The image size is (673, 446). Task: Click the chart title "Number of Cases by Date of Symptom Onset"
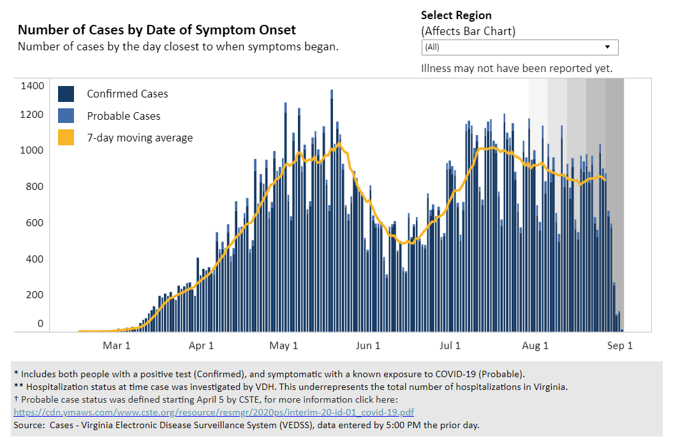click(x=157, y=30)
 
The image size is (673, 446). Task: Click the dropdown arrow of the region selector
click(x=607, y=47)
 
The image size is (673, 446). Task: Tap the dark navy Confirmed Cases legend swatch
click(x=67, y=94)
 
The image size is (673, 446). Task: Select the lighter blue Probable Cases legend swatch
click(x=67, y=115)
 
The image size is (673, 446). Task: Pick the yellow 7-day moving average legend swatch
click(x=67, y=137)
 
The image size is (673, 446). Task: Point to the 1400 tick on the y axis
click(x=33, y=85)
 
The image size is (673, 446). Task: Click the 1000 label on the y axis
click(x=33, y=150)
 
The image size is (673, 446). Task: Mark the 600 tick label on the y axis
click(x=36, y=222)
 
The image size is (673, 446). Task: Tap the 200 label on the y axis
click(x=36, y=295)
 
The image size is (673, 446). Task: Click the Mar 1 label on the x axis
click(x=117, y=346)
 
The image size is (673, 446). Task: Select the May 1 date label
click(x=284, y=346)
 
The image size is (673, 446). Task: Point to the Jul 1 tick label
click(x=450, y=346)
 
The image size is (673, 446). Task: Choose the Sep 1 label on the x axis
click(x=619, y=346)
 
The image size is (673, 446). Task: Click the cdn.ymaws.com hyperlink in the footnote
click(x=213, y=412)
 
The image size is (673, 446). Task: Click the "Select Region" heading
click(x=456, y=15)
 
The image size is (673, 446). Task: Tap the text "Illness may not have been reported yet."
click(x=517, y=68)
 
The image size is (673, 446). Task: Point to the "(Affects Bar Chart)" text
click(x=468, y=31)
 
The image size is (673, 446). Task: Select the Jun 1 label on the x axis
click(x=368, y=346)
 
